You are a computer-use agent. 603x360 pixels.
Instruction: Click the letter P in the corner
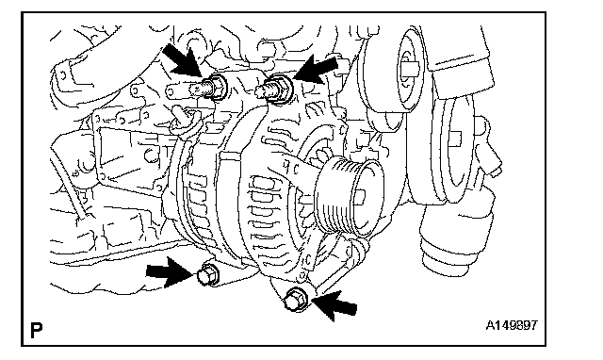pos(36,331)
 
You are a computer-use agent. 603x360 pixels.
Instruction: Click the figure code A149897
pos(512,325)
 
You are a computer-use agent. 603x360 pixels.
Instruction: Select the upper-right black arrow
pos(317,69)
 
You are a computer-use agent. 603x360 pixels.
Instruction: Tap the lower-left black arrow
pos(169,271)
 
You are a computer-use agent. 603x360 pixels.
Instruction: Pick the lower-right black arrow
pos(334,304)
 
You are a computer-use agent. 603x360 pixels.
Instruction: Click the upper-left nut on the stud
pos(218,88)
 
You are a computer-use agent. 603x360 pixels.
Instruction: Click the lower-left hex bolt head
pos(207,274)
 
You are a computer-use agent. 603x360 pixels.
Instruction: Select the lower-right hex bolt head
pos(297,299)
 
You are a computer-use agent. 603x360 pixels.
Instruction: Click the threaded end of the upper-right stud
pos(265,91)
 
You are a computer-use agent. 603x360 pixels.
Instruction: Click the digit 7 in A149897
pos(534,325)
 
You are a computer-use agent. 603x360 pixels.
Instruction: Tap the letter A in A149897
pos(490,325)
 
